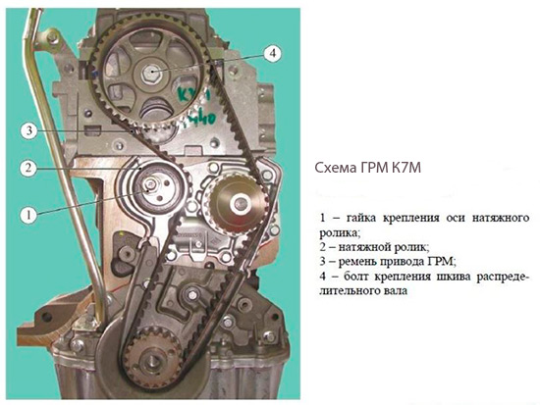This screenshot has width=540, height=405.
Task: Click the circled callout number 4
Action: point(272,53)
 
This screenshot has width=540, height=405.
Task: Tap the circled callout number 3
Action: point(29,130)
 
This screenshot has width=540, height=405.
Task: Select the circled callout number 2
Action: point(28,168)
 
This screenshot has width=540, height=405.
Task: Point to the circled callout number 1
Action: point(28,215)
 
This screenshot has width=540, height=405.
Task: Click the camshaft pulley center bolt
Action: point(150,73)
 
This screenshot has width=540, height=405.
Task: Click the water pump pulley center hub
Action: point(239,204)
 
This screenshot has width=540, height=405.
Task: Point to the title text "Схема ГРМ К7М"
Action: point(368,169)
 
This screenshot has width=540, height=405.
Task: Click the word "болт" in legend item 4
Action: point(356,277)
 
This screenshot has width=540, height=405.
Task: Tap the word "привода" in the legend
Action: point(405,262)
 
